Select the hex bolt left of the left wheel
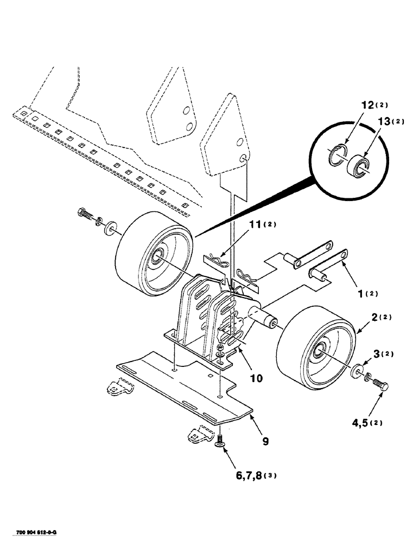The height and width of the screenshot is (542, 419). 87,212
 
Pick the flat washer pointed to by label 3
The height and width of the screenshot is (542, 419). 357,371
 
